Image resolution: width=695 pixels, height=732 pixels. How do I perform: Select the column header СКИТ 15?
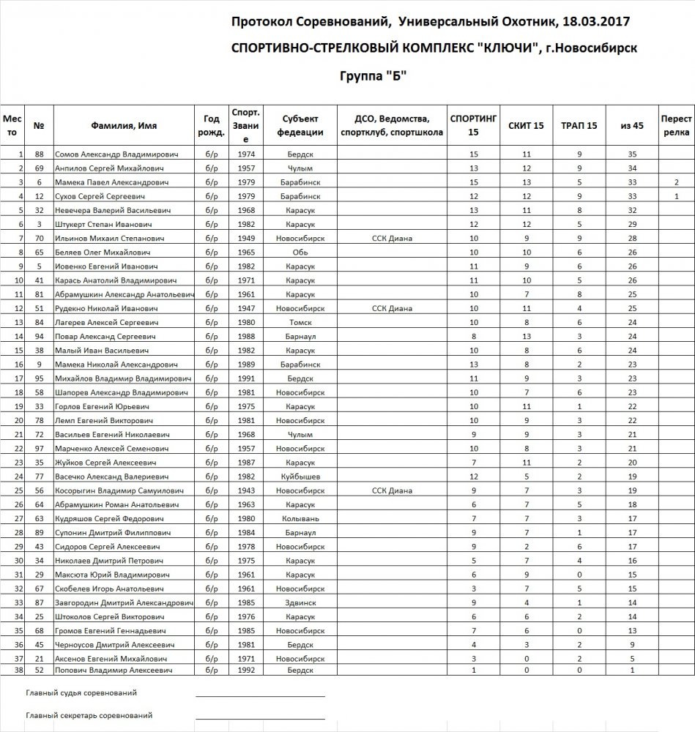click(526, 126)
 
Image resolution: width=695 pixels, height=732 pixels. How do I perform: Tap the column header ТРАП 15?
click(579, 126)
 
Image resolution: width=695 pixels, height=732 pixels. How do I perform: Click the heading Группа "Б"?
click(373, 75)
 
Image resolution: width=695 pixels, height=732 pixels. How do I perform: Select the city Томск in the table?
click(299, 322)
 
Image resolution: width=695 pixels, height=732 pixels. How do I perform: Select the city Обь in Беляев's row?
click(299, 252)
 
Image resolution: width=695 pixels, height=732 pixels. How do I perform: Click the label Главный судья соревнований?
click(81, 692)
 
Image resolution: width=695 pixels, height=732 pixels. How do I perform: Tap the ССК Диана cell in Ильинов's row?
click(392, 238)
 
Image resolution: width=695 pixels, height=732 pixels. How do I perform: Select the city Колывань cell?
click(299, 518)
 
